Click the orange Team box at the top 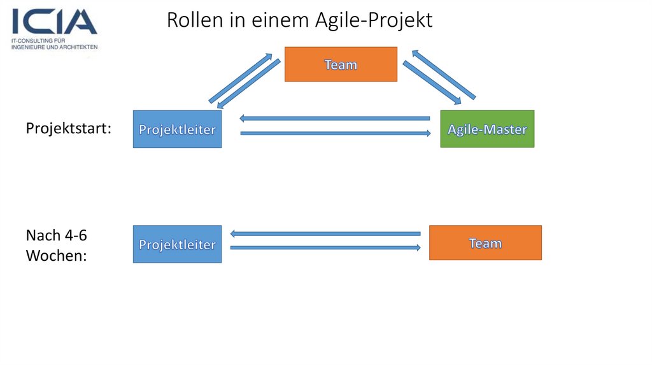coord(341,64)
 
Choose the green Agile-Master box coord(487,129)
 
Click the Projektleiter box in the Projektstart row coord(177,129)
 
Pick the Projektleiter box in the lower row coord(177,244)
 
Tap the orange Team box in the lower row coord(485,243)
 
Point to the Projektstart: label coord(68,128)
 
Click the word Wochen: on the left coord(56,256)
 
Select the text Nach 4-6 coord(56,235)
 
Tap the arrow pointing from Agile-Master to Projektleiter coord(334,118)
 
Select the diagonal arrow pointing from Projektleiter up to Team coord(240,78)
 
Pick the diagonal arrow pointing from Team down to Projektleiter coord(249,85)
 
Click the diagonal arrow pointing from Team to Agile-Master coord(432,82)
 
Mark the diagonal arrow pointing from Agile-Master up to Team coord(443,74)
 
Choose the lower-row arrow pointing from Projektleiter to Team coord(325,247)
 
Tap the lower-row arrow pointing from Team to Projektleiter coord(325,233)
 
